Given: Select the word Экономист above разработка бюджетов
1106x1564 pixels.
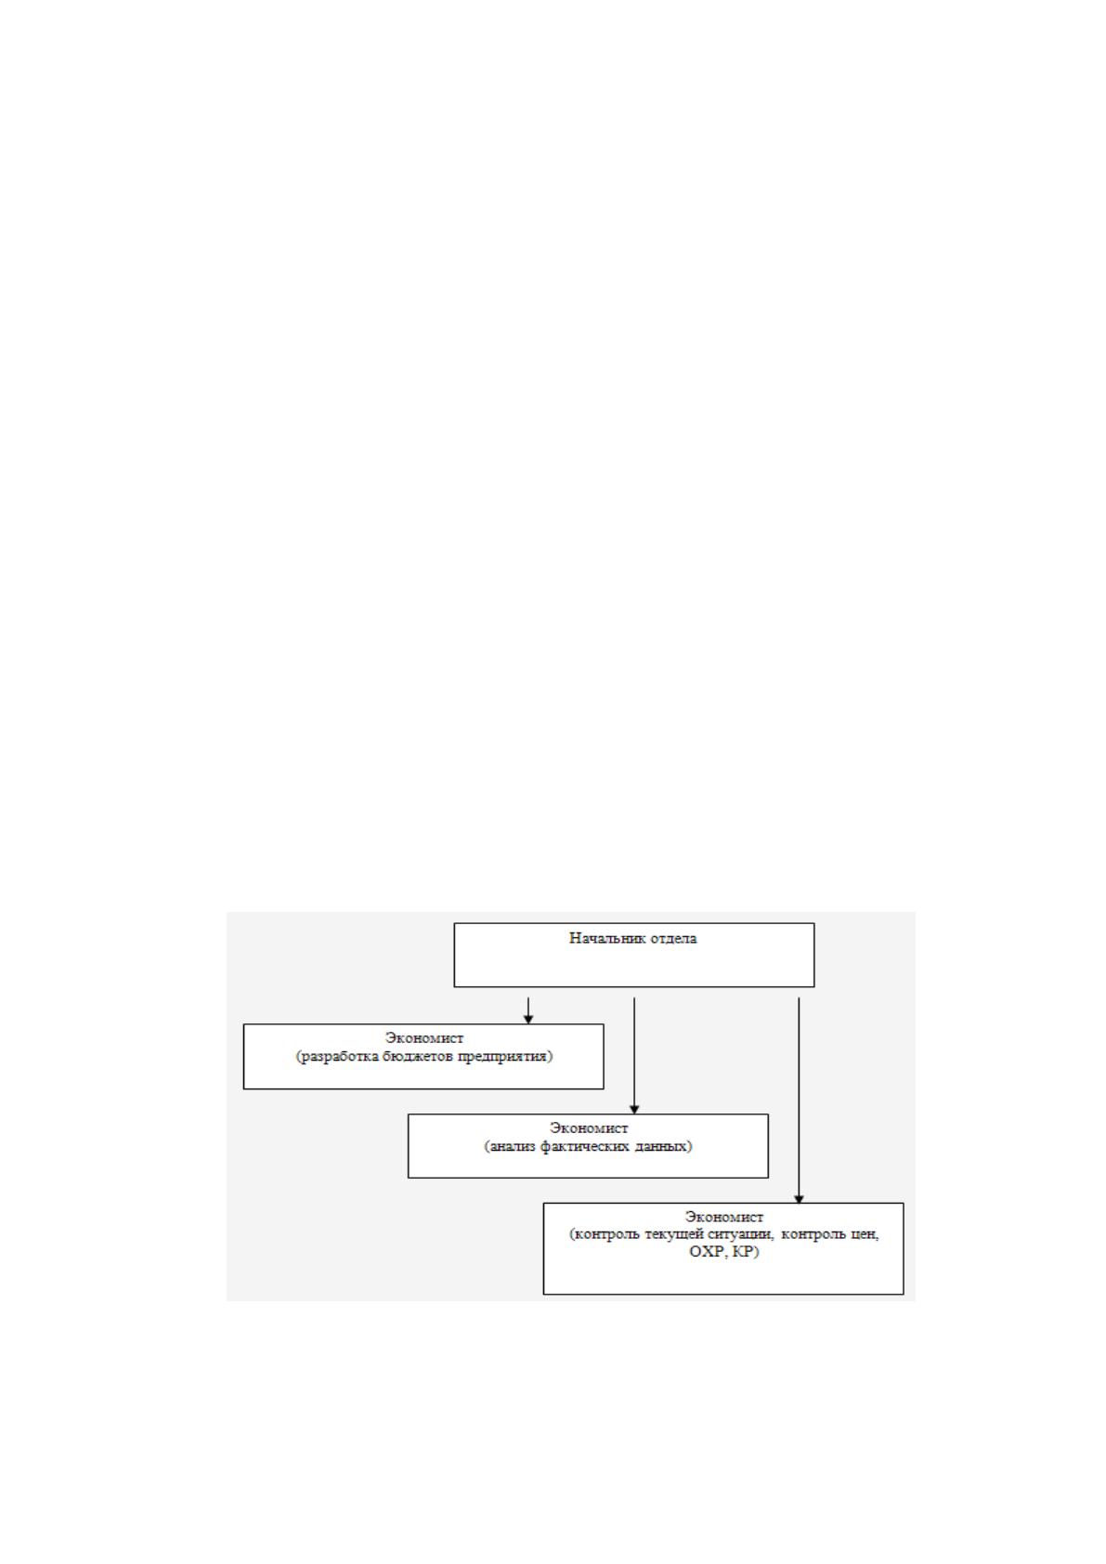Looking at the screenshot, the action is click(423, 1038).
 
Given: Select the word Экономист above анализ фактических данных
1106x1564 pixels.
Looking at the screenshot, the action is click(589, 1127).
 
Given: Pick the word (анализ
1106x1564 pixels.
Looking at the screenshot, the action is click(511, 1146).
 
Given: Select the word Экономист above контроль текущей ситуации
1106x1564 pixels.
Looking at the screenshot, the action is click(724, 1217).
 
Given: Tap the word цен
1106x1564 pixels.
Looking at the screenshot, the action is click(865, 1234).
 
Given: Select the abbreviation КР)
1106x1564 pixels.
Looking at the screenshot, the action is click(746, 1252).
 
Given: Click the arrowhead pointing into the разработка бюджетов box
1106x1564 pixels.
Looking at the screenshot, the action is click(528, 1019).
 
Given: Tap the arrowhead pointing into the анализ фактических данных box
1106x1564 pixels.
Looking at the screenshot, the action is click(634, 1109).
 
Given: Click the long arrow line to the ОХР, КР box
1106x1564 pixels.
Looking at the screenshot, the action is click(799, 1101).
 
